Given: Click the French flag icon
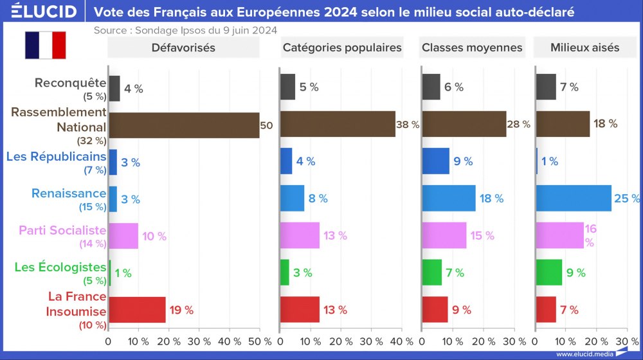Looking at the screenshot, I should (x=46, y=45).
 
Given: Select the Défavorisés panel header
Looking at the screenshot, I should (x=183, y=48).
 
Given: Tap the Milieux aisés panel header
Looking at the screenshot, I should (x=584, y=48).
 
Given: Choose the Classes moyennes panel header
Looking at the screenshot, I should (x=472, y=48).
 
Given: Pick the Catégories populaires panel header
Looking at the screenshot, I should (x=342, y=48).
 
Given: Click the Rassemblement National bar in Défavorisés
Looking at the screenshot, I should (x=184, y=125).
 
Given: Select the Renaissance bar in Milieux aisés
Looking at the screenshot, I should (x=574, y=199).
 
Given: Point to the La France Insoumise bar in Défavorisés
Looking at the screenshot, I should (x=138, y=310).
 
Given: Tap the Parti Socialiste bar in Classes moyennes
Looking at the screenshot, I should (x=444, y=235).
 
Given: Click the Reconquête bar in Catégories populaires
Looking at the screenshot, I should (x=288, y=87).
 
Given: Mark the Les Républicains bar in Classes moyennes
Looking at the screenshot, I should (x=436, y=161).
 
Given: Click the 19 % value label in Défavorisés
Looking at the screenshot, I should (x=181, y=310).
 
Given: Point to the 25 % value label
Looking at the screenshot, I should (x=627, y=199).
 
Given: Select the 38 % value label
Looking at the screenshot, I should (x=408, y=125).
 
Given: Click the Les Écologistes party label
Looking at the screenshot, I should (x=60, y=267).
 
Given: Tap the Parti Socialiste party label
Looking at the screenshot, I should (x=62, y=230).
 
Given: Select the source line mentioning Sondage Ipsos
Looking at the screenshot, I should (x=185, y=30).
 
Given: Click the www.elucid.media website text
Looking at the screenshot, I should (x=584, y=354).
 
